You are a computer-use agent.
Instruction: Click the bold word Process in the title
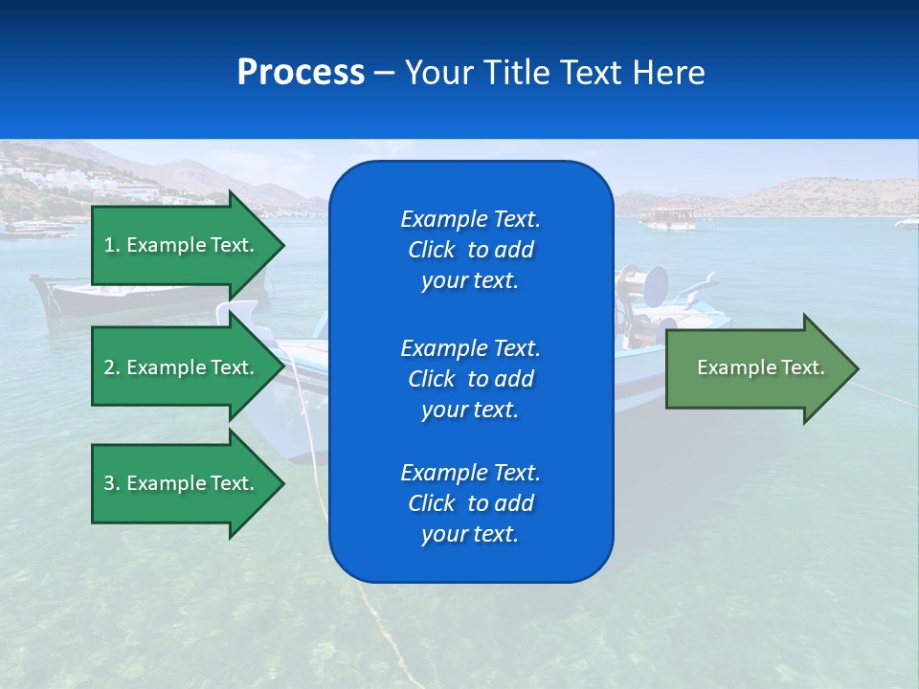tap(301, 73)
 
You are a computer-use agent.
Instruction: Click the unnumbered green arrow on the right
tap(760, 368)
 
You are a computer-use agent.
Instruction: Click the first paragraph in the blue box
tap(470, 250)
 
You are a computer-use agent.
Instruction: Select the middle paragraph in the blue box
tap(470, 379)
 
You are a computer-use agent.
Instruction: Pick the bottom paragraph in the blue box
tap(470, 503)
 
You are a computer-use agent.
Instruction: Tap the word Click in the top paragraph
tap(432, 250)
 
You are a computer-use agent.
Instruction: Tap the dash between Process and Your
tap(384, 74)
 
